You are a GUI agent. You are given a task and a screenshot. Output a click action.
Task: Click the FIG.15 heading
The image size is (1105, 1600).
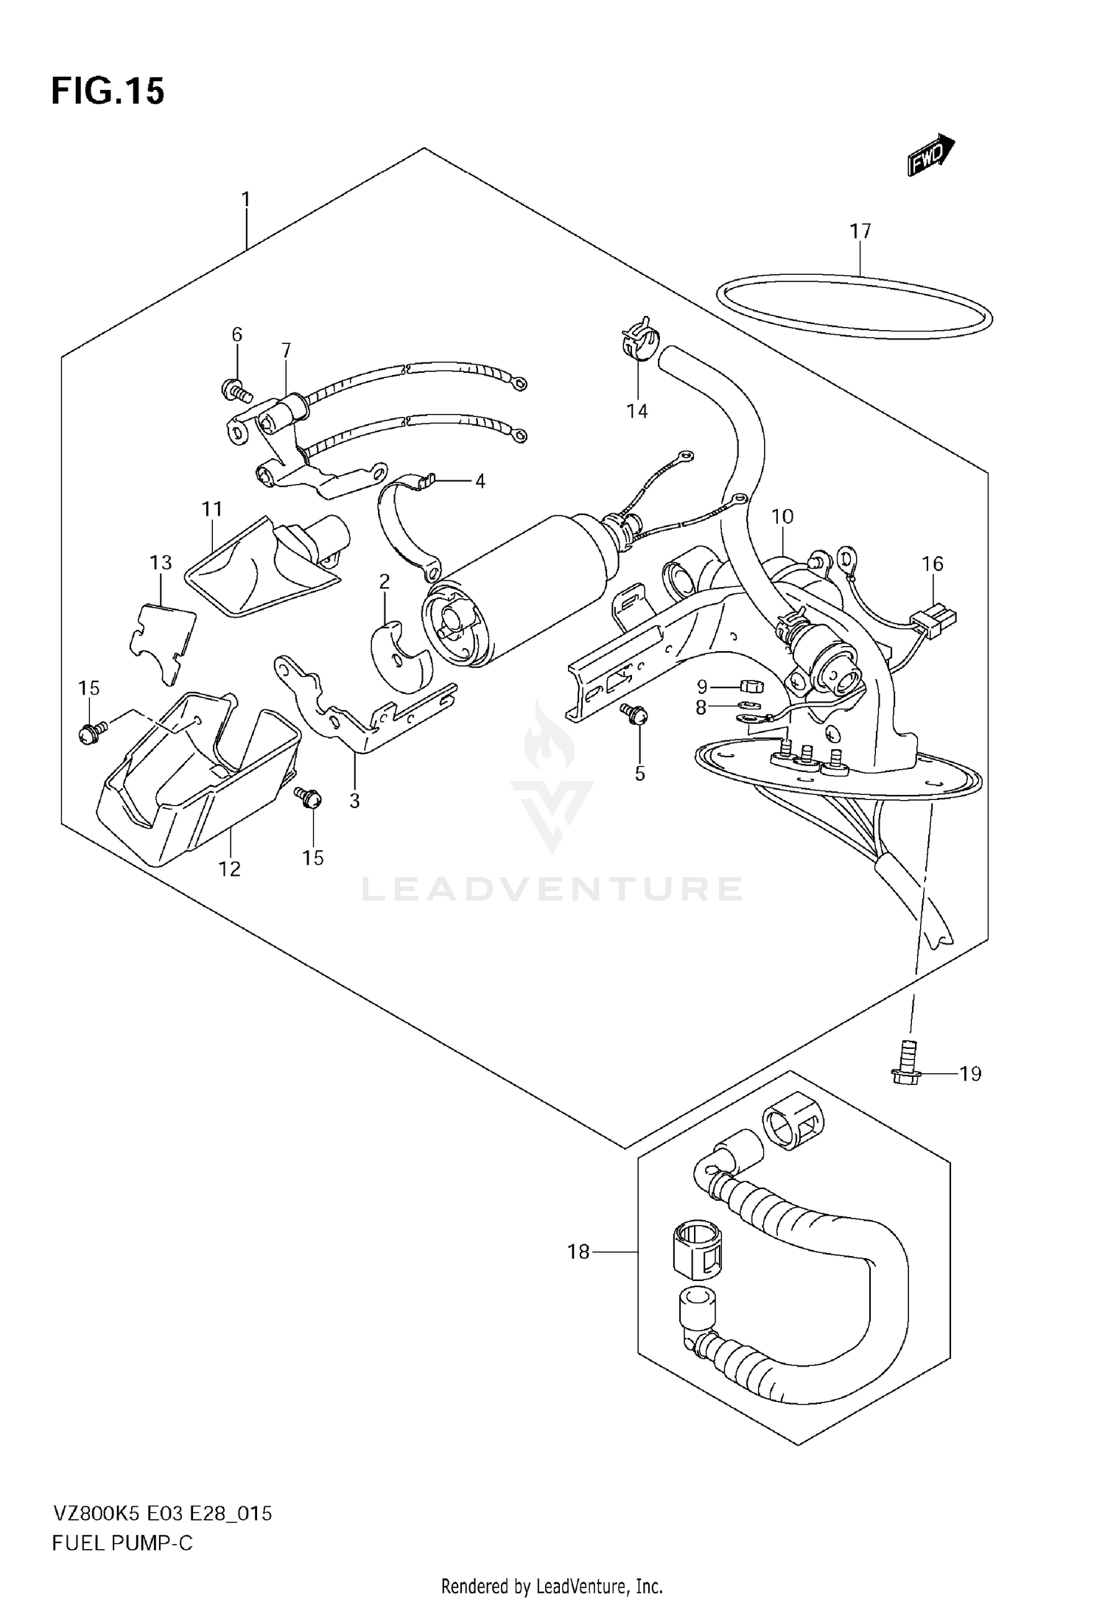coord(108,91)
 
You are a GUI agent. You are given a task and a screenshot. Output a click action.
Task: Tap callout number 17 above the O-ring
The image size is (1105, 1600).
coord(860,231)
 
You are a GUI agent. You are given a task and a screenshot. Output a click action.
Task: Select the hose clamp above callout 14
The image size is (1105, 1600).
coord(638,340)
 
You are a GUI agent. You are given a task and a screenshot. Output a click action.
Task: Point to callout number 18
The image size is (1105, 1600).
coord(578,1251)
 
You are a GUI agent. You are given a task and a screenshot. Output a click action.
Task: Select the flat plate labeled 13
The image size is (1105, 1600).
coord(164,639)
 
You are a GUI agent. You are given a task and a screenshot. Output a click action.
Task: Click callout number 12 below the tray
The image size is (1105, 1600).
coord(230,869)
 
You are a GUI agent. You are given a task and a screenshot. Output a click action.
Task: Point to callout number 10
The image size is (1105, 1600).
coord(782,516)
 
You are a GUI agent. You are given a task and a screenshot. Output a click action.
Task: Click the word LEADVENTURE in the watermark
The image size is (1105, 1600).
coord(551,889)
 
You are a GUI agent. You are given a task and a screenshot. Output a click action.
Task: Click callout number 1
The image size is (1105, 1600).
coord(246,200)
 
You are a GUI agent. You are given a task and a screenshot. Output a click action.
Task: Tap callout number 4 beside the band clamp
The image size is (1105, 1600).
coord(480,482)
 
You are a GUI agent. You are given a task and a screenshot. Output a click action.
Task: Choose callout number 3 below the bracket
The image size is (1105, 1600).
coord(354,801)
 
